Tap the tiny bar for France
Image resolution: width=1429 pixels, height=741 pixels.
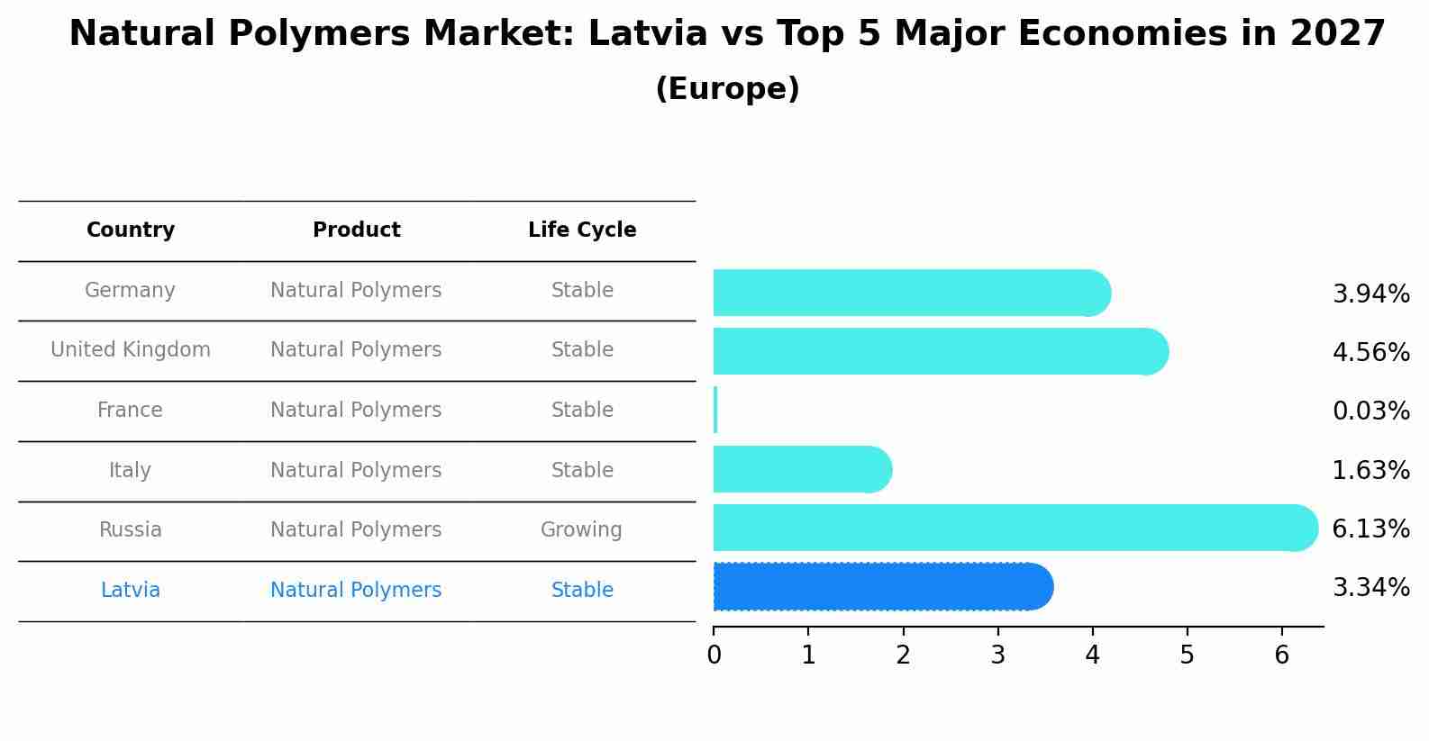715,411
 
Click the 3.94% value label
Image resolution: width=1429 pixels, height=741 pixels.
1370,294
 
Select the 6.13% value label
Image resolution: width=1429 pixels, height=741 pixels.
1370,529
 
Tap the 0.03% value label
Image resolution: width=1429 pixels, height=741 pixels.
1370,411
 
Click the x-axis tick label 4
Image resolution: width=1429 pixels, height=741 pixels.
1092,655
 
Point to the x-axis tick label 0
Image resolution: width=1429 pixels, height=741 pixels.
714,655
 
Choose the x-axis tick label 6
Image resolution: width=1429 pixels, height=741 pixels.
1281,655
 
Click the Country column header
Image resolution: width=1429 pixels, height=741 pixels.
131,230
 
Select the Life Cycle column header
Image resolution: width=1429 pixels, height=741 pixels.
582,230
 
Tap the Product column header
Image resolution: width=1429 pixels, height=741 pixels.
356,230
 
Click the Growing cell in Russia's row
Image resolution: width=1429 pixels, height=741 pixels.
581,530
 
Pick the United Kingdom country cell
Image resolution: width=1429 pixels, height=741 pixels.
131,350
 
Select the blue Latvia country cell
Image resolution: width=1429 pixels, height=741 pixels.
131,591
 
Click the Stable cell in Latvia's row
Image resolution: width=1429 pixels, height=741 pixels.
582,591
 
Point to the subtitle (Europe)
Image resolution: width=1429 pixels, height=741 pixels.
727,89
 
